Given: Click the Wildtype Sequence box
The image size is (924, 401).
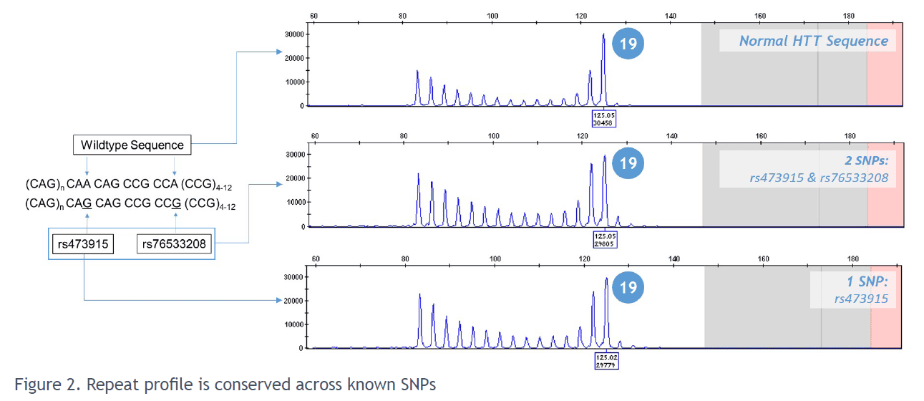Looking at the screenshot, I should click(x=132, y=145).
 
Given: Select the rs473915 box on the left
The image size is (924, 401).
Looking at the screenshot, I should click(x=83, y=244).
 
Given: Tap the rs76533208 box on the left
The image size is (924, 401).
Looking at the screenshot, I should click(x=174, y=244).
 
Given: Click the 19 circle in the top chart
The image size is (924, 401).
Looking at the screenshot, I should click(x=628, y=44).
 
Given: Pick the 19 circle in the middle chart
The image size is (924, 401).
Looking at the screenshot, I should click(x=628, y=163).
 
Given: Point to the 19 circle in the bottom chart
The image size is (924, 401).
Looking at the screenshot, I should click(x=628, y=287).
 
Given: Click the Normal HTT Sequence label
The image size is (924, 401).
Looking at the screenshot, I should click(x=813, y=41).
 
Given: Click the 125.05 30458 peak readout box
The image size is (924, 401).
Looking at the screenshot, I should click(x=603, y=117).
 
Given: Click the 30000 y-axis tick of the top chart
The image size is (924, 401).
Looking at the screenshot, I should click(x=294, y=34).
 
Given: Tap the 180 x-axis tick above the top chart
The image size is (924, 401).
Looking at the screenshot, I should click(x=849, y=16).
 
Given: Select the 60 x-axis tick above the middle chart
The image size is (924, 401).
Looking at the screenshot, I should click(x=313, y=136).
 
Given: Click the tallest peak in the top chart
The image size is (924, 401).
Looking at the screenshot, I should click(x=603, y=36).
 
